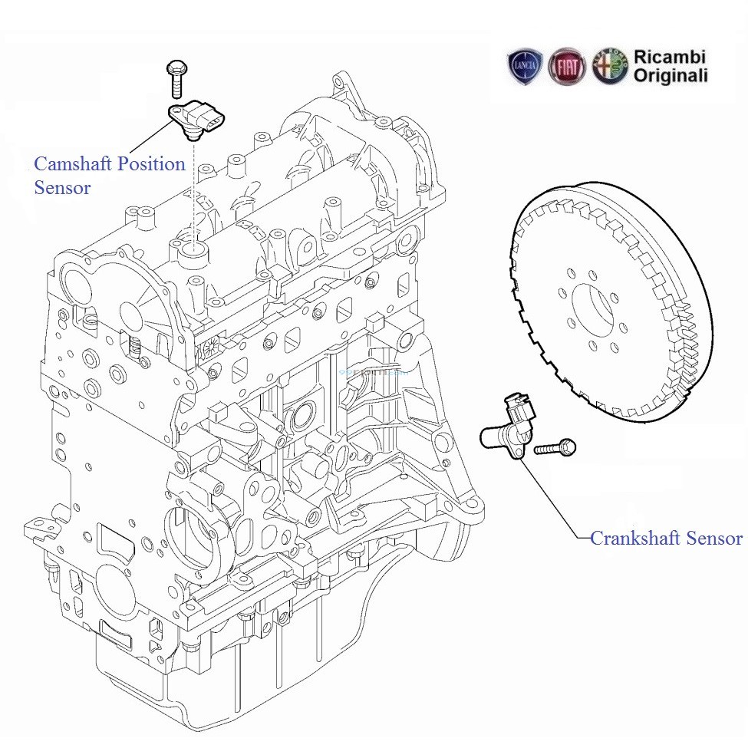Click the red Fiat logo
[x=567, y=67]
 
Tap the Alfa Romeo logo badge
[x=610, y=67]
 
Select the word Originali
[x=671, y=76]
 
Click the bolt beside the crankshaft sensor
[x=555, y=447]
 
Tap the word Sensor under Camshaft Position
[x=62, y=187]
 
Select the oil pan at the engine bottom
[x=253, y=675]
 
